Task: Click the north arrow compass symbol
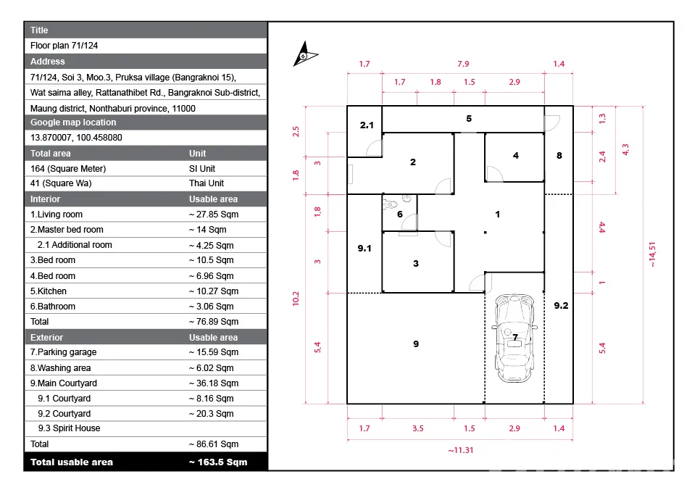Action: [304, 54]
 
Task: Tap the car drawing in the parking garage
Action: [514, 338]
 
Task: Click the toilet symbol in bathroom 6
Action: [390, 204]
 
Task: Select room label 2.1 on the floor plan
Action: [367, 125]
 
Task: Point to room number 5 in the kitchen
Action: [469, 119]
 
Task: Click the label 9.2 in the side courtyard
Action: [561, 306]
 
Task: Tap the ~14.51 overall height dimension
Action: [652, 254]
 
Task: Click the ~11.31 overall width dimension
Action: [461, 450]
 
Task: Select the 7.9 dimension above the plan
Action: [463, 64]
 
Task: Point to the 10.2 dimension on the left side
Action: [296, 299]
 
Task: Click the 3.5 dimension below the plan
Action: [418, 428]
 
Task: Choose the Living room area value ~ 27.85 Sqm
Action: [214, 215]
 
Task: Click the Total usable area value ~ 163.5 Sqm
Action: [218, 462]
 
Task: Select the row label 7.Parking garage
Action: [63, 352]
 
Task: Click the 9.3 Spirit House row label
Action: [69, 428]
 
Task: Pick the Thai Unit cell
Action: [207, 183]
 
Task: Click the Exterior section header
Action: [46, 338]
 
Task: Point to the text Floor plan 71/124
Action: [64, 46]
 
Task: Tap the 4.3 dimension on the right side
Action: [625, 149]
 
